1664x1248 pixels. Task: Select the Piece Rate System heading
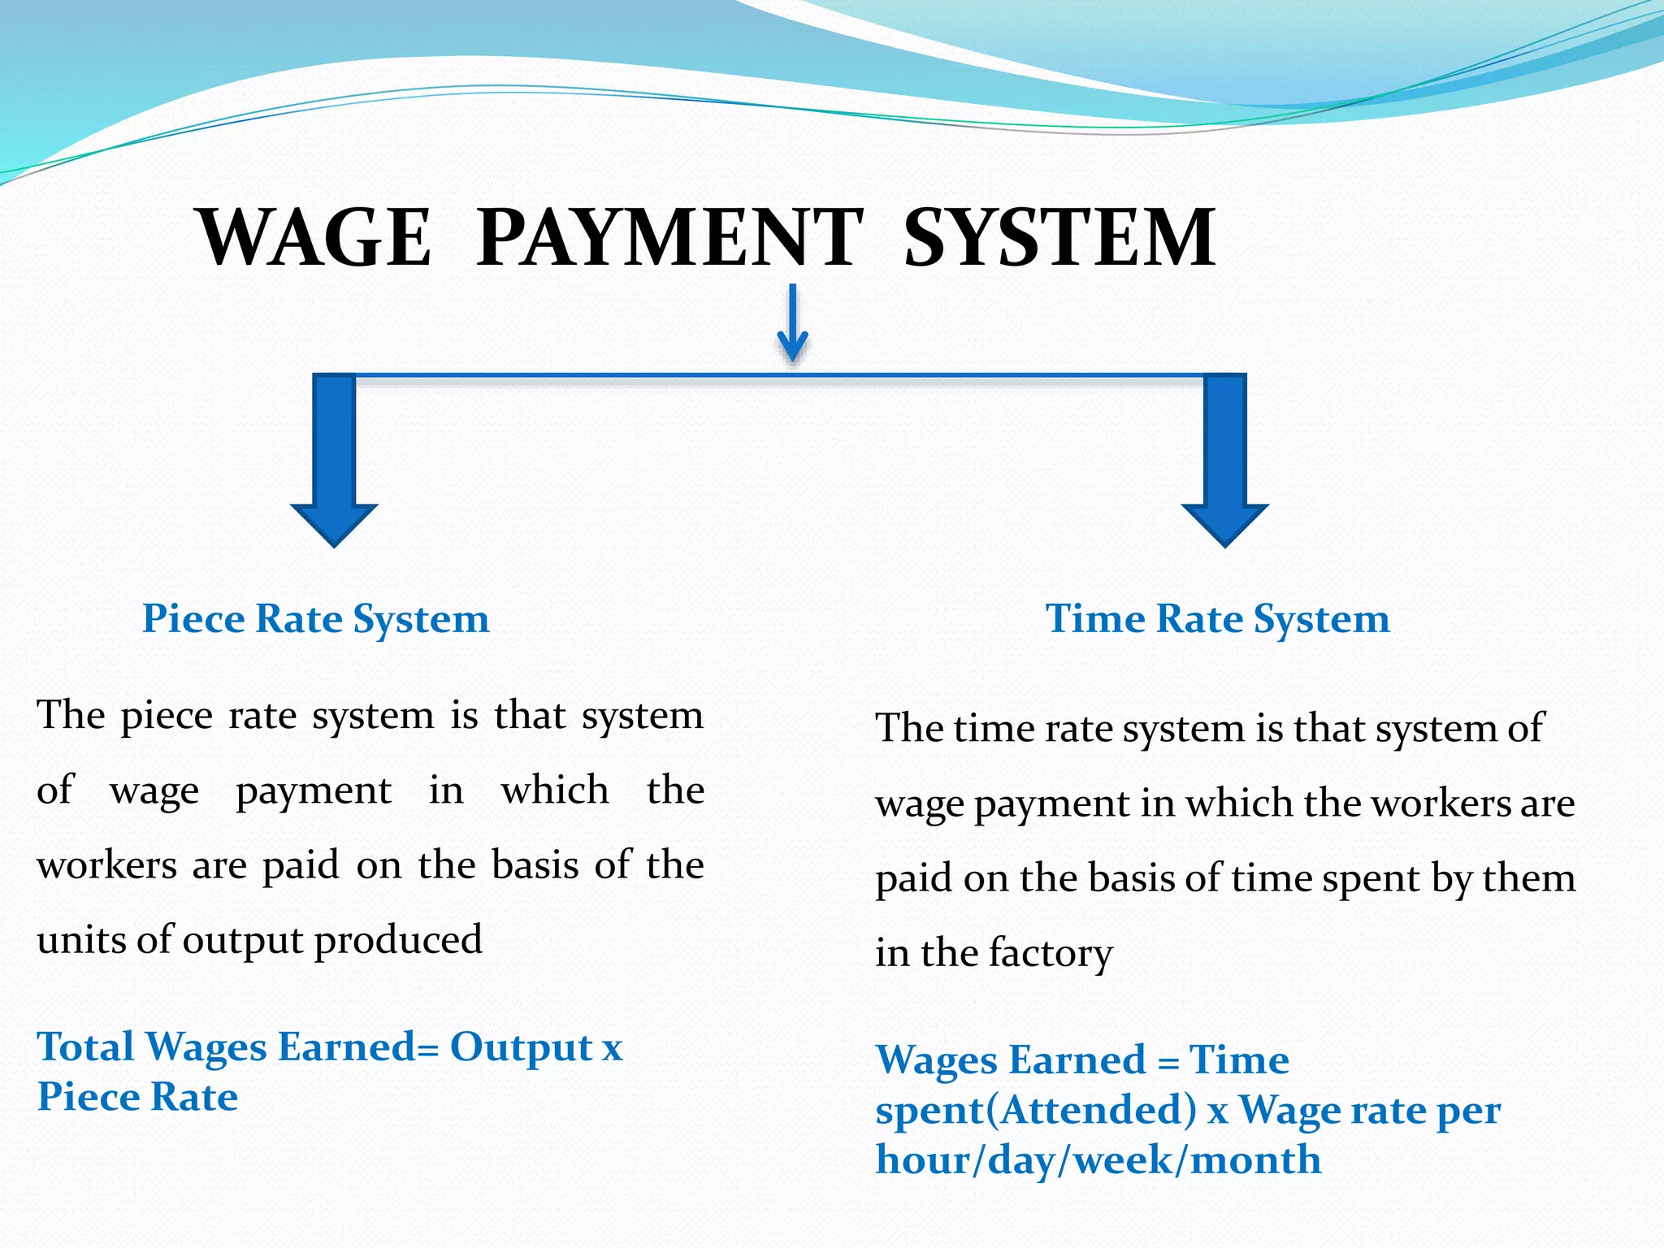[x=315, y=619]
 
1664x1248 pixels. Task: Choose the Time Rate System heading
[x=1217, y=619]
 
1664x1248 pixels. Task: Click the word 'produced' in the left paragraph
[x=398, y=940]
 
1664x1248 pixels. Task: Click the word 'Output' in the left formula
[x=521, y=1046]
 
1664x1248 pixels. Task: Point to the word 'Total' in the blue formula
[x=85, y=1046]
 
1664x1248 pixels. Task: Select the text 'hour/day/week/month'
[x=1098, y=1159]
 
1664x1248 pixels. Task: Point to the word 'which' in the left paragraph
[x=554, y=791]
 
